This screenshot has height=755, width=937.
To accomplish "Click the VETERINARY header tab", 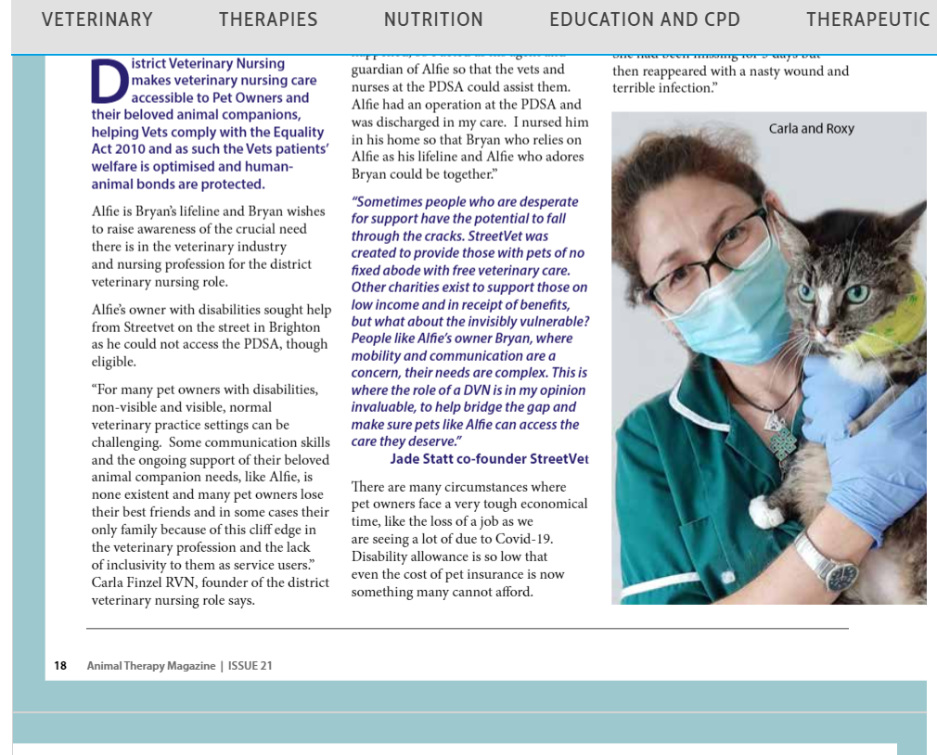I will point(97,19).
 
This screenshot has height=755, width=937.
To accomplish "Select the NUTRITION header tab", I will point(433,19).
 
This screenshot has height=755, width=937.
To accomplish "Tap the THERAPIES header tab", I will point(268,19).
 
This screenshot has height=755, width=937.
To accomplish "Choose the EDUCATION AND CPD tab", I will point(644,19).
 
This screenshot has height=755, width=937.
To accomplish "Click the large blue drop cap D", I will point(109,81).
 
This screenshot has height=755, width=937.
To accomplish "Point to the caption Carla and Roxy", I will point(811,129).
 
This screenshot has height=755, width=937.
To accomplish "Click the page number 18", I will point(60,666).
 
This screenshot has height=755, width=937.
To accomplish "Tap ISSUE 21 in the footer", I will point(250,666).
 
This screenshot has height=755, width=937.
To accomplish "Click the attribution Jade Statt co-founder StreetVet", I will point(489,459).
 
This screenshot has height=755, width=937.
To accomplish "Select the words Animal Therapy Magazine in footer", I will point(150,666).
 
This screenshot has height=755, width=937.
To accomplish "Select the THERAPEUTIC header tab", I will point(867,19).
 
